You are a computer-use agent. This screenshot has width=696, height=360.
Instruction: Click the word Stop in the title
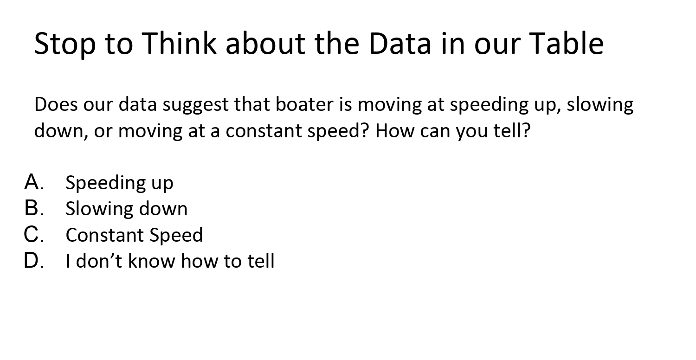tap(64, 43)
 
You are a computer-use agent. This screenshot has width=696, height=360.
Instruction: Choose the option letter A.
tap(33, 182)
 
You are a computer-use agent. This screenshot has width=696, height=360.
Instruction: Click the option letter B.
tap(33, 209)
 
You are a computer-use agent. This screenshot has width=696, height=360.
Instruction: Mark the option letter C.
tap(33, 235)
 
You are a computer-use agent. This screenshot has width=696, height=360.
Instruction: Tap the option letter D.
tap(33, 261)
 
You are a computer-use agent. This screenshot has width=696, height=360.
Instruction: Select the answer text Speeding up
tap(119, 183)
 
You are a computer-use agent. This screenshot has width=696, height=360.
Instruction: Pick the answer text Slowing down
tap(126, 209)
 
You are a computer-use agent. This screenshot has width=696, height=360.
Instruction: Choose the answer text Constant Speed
tap(134, 235)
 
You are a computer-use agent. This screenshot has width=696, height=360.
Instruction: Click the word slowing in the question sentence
tap(600, 105)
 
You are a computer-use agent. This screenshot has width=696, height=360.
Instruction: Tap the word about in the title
tap(265, 43)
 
